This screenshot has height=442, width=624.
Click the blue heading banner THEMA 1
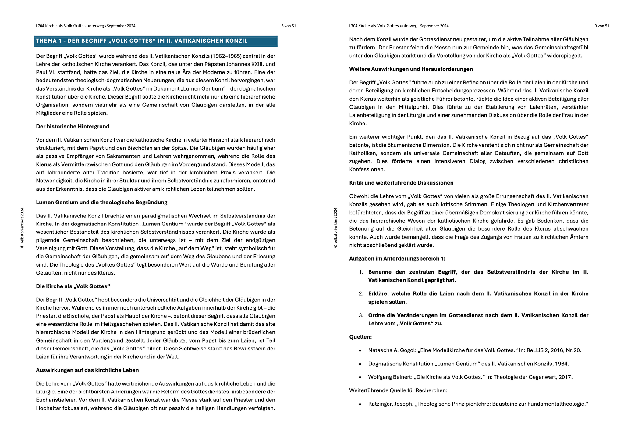point(155,41)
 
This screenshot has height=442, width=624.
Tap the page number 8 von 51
point(289,26)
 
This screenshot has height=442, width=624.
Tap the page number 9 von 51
point(602,26)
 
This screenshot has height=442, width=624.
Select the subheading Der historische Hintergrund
point(73,127)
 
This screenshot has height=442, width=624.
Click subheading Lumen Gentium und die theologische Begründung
point(101,203)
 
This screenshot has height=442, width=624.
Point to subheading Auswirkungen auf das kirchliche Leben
point(87,370)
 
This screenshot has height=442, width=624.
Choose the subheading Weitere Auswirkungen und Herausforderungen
point(411,69)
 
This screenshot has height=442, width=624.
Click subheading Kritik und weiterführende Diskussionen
point(401,183)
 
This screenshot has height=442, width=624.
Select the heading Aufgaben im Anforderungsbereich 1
point(397,259)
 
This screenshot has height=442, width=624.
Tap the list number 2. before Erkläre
point(361,294)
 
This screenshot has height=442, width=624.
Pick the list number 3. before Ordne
point(361,315)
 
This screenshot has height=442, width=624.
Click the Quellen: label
point(360,337)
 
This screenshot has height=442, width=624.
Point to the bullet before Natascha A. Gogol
point(360,351)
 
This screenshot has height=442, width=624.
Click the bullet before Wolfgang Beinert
point(360,377)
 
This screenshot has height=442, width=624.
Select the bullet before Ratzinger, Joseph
point(360,404)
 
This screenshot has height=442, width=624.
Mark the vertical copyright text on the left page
point(22,228)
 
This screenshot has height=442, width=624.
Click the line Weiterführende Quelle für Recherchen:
point(398,391)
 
